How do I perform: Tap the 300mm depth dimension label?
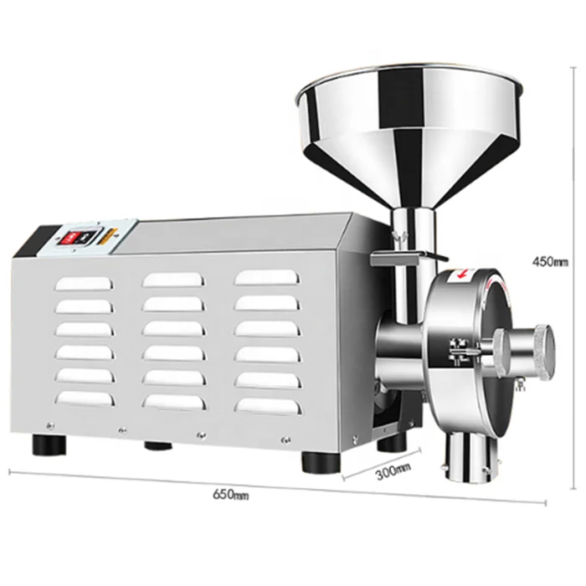[x=393, y=470]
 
